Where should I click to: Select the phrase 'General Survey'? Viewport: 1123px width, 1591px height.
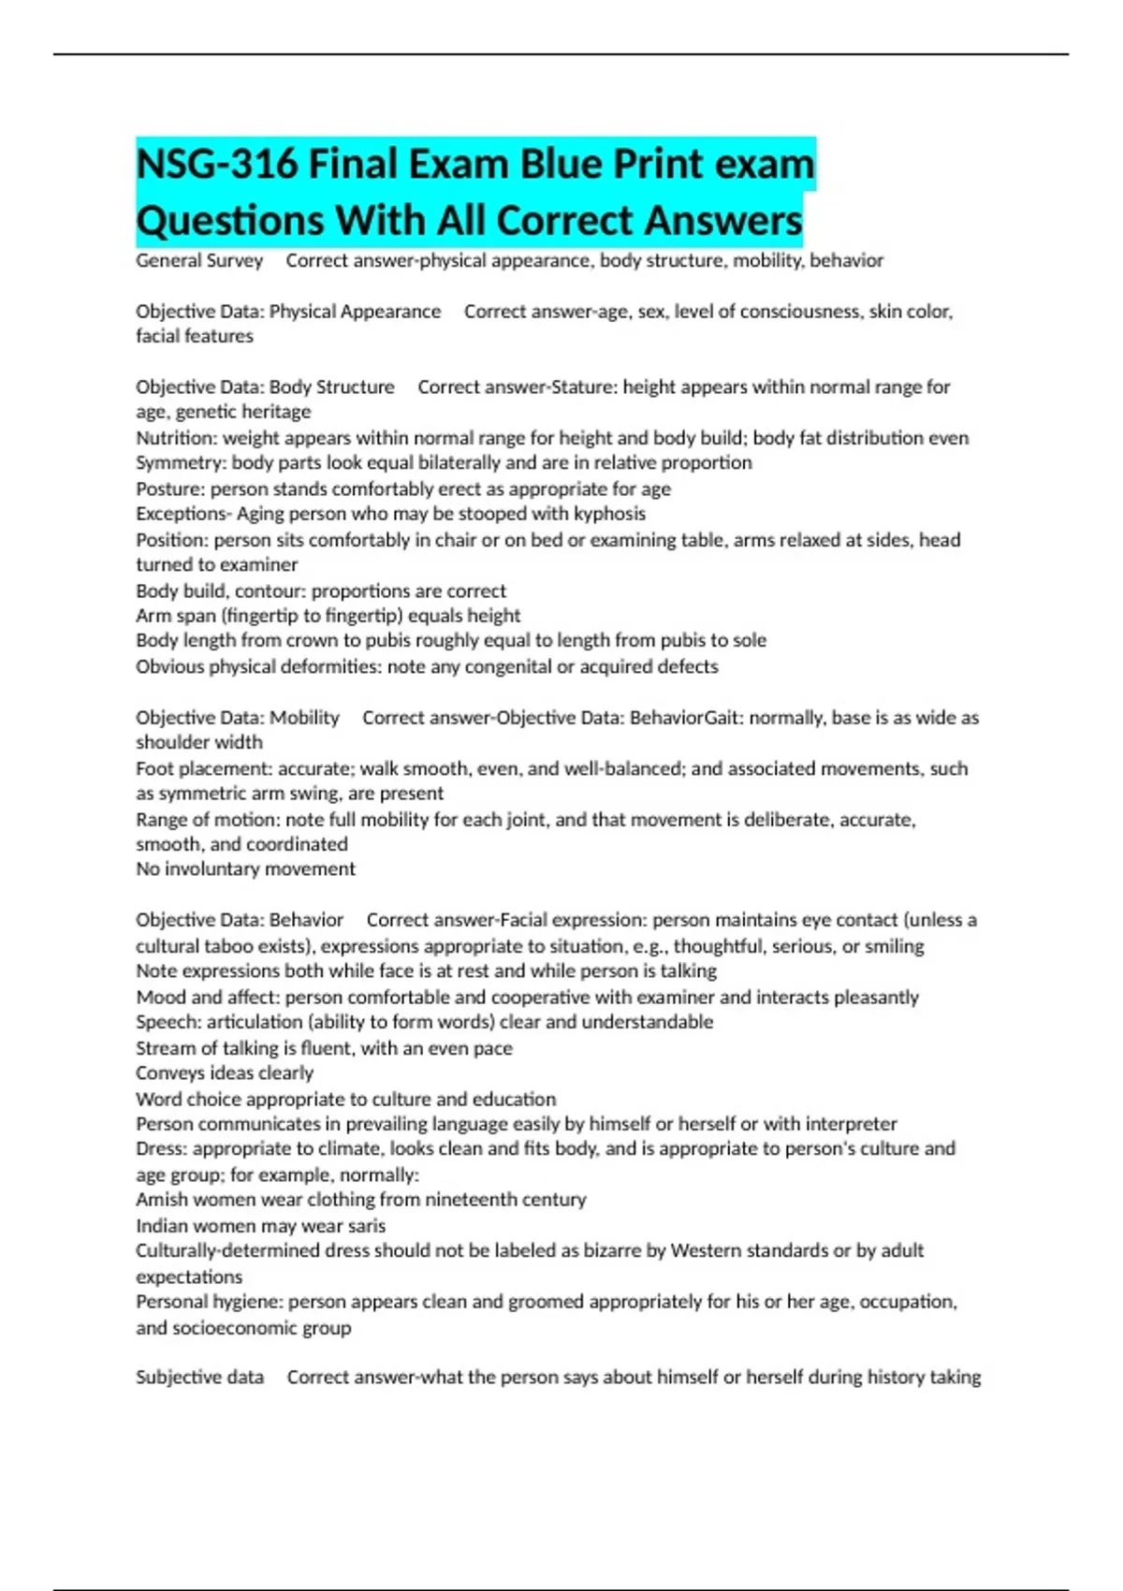pyautogui.click(x=199, y=261)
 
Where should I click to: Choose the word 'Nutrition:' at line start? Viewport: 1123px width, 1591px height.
pyautogui.click(x=177, y=438)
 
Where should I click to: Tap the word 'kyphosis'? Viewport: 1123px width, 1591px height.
pyautogui.click(x=607, y=514)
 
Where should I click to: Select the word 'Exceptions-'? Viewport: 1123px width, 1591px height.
pyautogui.click(x=183, y=514)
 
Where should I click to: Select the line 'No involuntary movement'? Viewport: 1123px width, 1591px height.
pyautogui.click(x=245, y=869)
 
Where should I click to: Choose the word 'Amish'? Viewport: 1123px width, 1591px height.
pyautogui.click(x=160, y=1200)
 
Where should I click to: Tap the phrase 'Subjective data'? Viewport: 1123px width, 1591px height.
pyautogui.click(x=199, y=1378)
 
